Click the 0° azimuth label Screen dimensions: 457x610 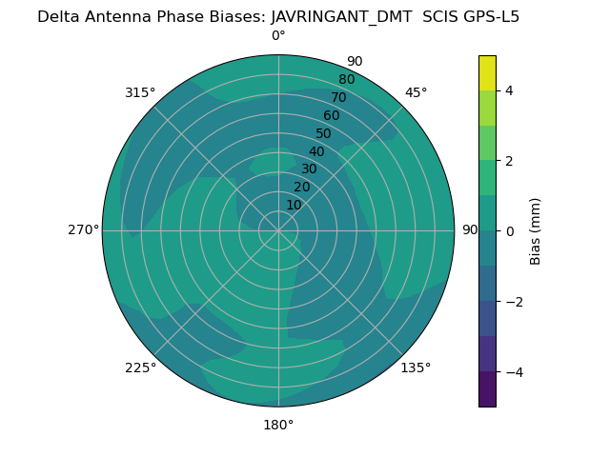(x=278, y=36)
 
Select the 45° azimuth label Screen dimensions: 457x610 (x=417, y=92)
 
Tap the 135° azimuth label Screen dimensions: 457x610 (x=416, y=368)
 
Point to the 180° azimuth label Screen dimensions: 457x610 (x=278, y=425)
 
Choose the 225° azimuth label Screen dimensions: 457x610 (x=140, y=368)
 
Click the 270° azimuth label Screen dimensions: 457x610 (x=83, y=229)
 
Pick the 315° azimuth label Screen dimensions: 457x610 (x=140, y=92)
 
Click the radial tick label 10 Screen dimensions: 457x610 (x=295, y=205)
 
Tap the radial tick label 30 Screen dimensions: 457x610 (x=309, y=169)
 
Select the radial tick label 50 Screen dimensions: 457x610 (x=324, y=134)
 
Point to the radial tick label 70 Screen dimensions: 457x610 (x=338, y=97)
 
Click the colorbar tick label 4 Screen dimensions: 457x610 (x=510, y=90)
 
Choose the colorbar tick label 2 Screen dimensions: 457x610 (x=510, y=161)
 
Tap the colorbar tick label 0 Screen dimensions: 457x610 (x=510, y=231)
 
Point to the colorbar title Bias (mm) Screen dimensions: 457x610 (x=536, y=231)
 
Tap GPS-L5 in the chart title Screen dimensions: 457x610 (x=489, y=16)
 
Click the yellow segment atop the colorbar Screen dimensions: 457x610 (x=487, y=73)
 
